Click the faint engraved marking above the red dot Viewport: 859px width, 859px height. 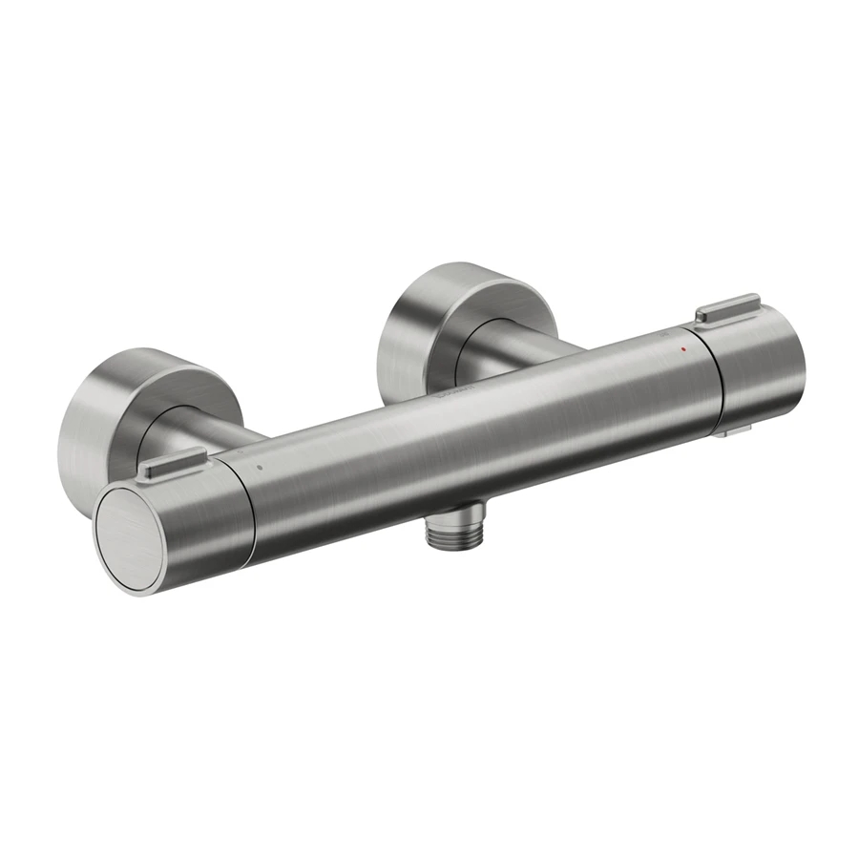pyautogui.click(x=666, y=336)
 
